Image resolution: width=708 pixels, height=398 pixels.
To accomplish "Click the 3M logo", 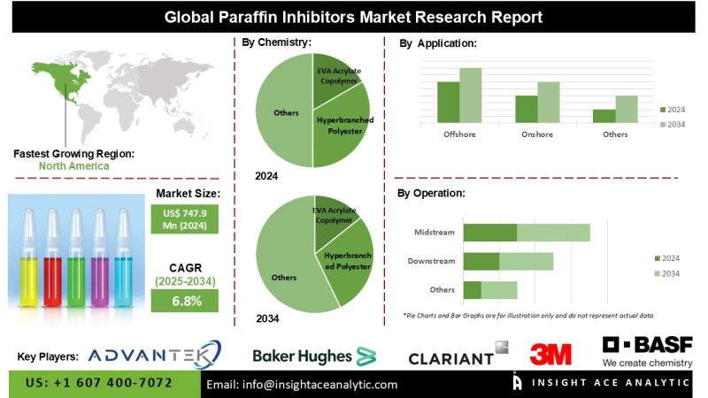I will point(550,355).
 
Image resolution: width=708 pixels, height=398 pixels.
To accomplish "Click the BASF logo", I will point(647,350).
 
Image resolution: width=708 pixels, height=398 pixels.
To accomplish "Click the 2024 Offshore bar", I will point(449,101).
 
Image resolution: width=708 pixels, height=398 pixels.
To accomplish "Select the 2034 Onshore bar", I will point(549,101).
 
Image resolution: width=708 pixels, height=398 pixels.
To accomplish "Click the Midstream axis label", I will point(435,233).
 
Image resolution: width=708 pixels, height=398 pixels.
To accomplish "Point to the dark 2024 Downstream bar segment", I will point(481,261).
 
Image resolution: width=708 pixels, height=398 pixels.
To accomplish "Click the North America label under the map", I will point(74,165).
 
